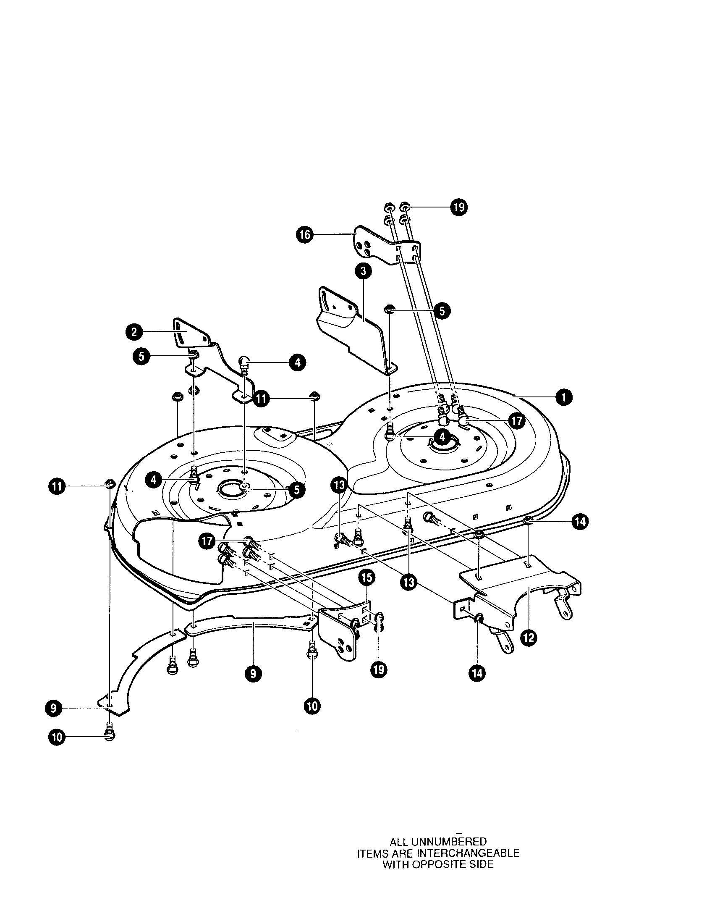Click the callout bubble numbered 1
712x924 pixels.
click(x=563, y=397)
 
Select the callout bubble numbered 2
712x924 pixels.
click(x=134, y=332)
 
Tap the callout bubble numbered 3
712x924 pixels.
click(x=363, y=272)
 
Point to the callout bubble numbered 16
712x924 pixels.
click(x=304, y=235)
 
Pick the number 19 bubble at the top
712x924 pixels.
click(x=458, y=207)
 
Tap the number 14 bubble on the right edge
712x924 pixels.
click(x=579, y=522)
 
